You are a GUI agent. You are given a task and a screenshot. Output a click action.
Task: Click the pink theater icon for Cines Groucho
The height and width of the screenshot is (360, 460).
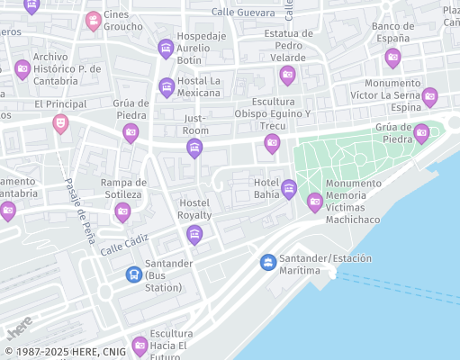tap(93, 20)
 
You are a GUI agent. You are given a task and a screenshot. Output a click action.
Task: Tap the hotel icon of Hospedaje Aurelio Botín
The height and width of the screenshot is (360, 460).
tap(165, 48)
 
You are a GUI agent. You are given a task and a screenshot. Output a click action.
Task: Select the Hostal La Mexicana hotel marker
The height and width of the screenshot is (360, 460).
tap(167, 86)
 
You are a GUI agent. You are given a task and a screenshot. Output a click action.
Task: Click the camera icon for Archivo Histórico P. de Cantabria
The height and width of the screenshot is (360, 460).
tap(23, 67)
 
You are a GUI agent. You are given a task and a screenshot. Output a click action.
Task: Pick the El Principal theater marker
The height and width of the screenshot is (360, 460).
tap(60, 122)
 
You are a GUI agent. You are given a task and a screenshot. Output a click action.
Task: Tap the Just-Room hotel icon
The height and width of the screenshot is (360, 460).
tap(194, 148)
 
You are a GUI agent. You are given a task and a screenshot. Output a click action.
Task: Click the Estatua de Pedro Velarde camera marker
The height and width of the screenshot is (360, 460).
tap(287, 74)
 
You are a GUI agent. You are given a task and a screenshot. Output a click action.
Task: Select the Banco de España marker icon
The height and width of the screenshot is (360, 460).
tap(392, 58)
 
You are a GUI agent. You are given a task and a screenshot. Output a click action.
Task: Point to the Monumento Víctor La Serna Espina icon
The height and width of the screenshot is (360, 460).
tap(429, 95)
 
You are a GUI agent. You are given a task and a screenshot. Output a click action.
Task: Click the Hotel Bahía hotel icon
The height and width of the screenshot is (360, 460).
tap(289, 188)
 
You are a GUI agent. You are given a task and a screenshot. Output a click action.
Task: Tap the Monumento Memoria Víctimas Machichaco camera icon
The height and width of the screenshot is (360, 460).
tap(314, 202)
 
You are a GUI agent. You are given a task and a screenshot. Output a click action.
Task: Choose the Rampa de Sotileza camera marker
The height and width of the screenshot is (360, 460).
tap(122, 211)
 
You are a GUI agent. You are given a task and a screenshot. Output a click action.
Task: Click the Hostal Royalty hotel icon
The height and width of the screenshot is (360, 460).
tap(194, 235)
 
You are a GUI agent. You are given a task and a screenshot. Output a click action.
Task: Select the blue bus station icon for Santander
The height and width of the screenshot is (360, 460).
tap(133, 274)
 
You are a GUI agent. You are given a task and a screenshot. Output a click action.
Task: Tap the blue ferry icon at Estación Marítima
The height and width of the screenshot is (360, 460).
tap(267, 262)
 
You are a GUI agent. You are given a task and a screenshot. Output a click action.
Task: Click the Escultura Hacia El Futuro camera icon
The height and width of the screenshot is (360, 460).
tap(140, 345)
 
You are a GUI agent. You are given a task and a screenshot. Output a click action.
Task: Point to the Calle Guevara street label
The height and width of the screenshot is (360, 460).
tap(243, 13)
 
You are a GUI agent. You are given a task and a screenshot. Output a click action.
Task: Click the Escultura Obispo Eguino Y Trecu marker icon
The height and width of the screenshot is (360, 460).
tap(272, 142)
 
